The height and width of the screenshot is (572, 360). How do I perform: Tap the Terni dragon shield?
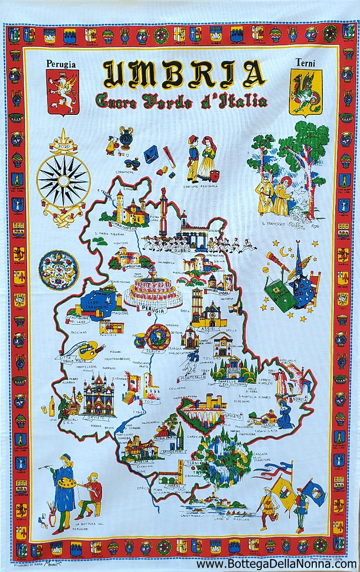306,92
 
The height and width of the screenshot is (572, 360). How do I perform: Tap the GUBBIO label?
182,250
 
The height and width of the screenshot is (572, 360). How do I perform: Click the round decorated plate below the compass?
58,270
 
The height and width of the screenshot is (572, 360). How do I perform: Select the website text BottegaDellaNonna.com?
276,564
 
